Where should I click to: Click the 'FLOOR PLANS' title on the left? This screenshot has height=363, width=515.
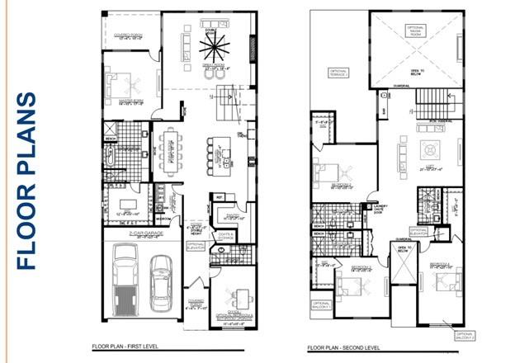point(27,181)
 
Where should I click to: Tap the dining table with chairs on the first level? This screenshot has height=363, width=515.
point(172,152)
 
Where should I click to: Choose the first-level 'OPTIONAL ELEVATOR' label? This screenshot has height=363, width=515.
point(195,245)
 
